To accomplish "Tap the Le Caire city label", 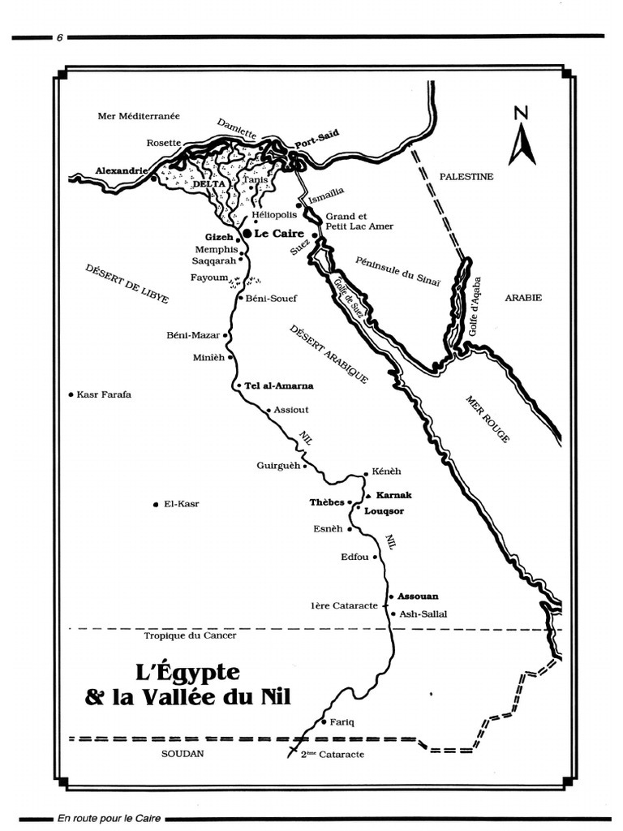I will pos(273,233).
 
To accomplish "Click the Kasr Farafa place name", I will pos(104,394).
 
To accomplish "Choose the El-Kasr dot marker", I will pos(155,505).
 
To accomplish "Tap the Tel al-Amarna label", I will pos(278,386).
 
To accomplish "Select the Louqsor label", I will pos(384,511).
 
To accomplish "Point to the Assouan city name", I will pos(418,596).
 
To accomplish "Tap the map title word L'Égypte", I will pos(187,673).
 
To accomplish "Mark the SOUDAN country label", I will pos(182,753).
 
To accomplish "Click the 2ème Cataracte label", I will pos(332,754).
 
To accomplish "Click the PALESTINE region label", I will pos(466,176).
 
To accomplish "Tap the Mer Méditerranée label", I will pos(138,116).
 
